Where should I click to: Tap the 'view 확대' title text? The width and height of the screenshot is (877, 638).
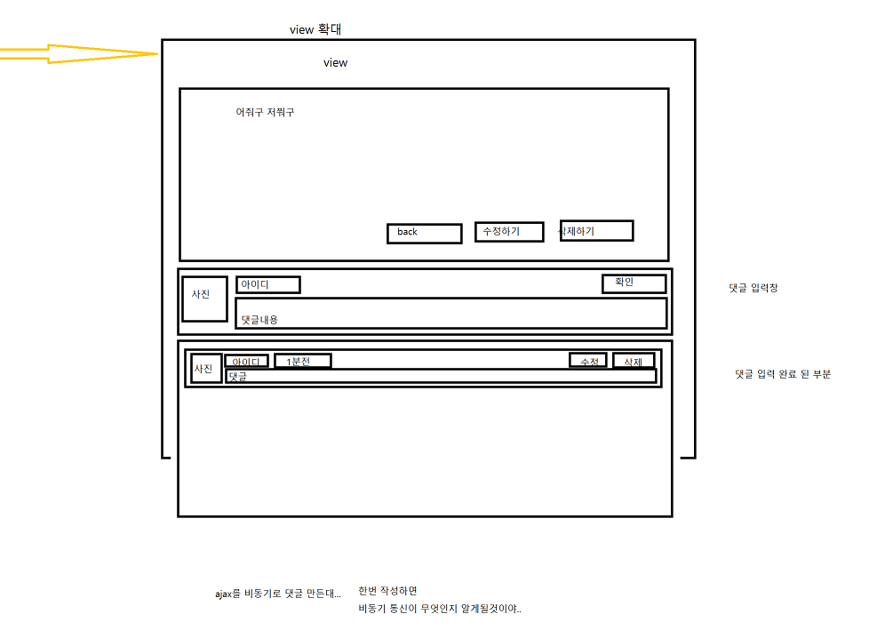pyautogui.click(x=315, y=29)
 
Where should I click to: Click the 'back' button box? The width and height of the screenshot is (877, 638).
pyautogui.click(x=424, y=233)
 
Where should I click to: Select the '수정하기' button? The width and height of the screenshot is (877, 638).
pyautogui.click(x=508, y=232)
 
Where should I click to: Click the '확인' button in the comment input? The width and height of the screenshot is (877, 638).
pyautogui.click(x=634, y=283)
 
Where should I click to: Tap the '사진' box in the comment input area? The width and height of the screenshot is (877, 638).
pyautogui.click(x=204, y=299)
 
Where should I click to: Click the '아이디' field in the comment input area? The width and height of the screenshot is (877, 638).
pyautogui.click(x=267, y=284)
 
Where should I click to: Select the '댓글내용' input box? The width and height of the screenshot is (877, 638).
pyautogui.click(x=450, y=314)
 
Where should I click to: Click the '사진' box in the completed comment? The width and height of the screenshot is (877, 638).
pyautogui.click(x=206, y=368)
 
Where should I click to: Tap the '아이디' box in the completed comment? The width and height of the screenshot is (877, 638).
pyautogui.click(x=246, y=362)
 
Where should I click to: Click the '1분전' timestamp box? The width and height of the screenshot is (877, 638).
pyautogui.click(x=302, y=361)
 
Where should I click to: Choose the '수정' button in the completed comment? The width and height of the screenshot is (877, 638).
pyautogui.click(x=588, y=361)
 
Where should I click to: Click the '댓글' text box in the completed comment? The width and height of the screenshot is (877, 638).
pyautogui.click(x=440, y=377)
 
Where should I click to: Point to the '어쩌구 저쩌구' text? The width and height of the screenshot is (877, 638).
pyautogui.click(x=265, y=113)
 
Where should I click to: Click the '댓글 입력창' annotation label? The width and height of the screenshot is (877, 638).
pyautogui.click(x=753, y=288)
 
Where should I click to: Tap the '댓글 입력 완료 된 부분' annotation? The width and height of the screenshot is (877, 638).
pyautogui.click(x=783, y=374)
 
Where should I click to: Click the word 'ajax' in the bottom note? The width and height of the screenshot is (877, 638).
pyautogui.click(x=224, y=593)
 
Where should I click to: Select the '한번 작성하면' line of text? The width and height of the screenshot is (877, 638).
pyautogui.click(x=387, y=591)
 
